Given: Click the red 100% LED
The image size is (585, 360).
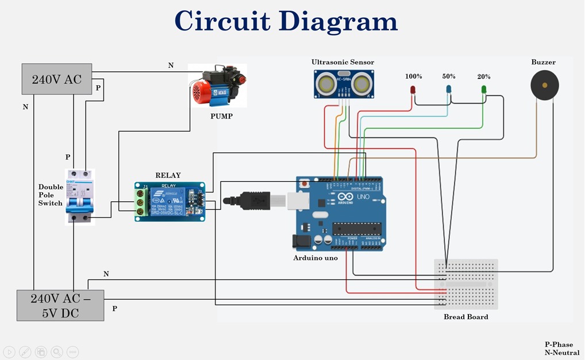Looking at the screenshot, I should (x=412, y=90).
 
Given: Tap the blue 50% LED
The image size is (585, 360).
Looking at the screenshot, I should (x=449, y=89).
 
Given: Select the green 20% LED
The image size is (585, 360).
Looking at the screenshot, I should (x=484, y=89).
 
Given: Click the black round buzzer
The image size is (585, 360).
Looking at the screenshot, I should (x=544, y=85).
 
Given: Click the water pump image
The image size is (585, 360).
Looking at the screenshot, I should (x=218, y=86).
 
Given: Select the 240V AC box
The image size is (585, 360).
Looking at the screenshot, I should (x=57, y=79).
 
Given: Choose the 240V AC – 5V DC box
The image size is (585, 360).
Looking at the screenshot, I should (x=60, y=305).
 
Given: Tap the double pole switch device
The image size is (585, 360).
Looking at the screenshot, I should (x=79, y=196).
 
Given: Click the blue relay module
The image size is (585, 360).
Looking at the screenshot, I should (x=170, y=202).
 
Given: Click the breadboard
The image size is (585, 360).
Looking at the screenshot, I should (x=465, y=285).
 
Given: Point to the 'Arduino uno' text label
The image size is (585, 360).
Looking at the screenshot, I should (x=315, y=258).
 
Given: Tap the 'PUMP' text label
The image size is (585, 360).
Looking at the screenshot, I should (x=221, y=116).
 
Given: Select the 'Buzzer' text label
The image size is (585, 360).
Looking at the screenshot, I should (x=543, y=62).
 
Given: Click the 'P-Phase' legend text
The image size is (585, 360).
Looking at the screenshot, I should (x=559, y=344).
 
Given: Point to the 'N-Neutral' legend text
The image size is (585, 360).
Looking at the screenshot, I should (x=562, y=353).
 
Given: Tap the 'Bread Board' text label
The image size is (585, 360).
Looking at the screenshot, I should (x=465, y=317).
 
